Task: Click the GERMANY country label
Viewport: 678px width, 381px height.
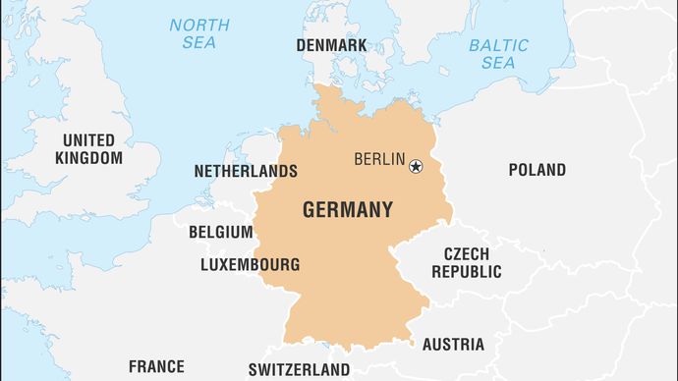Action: (x=348, y=209)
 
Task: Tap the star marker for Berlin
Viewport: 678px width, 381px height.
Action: (x=416, y=166)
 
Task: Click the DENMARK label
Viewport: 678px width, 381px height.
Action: (x=331, y=45)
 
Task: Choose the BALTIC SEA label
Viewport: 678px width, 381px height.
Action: (x=497, y=54)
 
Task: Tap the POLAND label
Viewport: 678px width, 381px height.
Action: (x=537, y=170)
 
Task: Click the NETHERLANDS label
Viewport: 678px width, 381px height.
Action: (x=245, y=171)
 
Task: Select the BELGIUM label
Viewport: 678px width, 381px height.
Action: (x=220, y=233)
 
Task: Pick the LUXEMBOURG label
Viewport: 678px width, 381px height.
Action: (x=250, y=264)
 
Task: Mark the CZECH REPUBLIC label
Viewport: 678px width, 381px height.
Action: (x=466, y=262)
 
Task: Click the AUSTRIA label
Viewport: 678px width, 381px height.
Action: (x=453, y=345)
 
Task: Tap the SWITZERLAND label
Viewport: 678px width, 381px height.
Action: (x=299, y=369)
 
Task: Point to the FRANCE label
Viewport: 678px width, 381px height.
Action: (x=156, y=367)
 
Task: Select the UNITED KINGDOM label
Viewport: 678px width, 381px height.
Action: (x=88, y=148)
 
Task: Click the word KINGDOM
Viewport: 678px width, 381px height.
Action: (x=88, y=157)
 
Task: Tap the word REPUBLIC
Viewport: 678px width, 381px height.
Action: (x=466, y=272)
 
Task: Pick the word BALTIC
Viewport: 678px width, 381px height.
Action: (x=498, y=45)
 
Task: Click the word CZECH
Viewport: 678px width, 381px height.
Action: (x=466, y=253)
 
